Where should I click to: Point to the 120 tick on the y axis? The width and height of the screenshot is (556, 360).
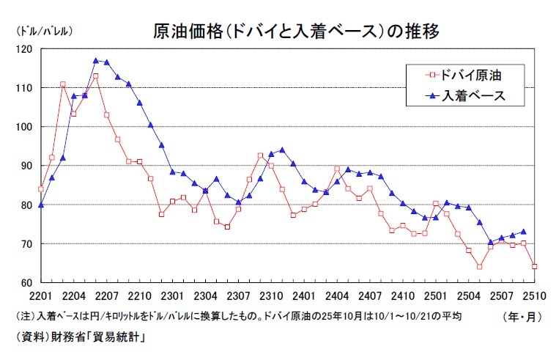pos(26,49)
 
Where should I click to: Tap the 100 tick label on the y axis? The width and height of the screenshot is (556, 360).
pos(26,127)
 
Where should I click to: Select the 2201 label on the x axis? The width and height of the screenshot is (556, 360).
pos(41,296)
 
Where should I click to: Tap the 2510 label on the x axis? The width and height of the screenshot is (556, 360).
pos(534,296)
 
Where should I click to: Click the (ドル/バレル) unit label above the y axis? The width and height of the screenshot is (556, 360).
pos(42,32)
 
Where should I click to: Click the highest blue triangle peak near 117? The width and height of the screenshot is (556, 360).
pos(96,60)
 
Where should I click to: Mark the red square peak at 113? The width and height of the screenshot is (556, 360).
pos(95,76)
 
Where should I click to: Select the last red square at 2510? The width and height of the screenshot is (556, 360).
pos(534,266)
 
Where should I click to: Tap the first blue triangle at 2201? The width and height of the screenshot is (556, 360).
pos(41,205)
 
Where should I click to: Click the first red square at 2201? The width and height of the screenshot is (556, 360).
pos(41,189)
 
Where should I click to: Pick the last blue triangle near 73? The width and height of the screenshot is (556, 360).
pos(523,232)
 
